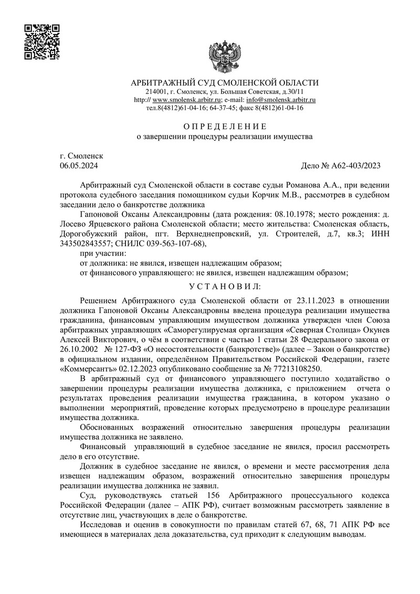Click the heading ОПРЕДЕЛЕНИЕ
224,127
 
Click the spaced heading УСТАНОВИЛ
224,287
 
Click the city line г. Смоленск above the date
82,157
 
